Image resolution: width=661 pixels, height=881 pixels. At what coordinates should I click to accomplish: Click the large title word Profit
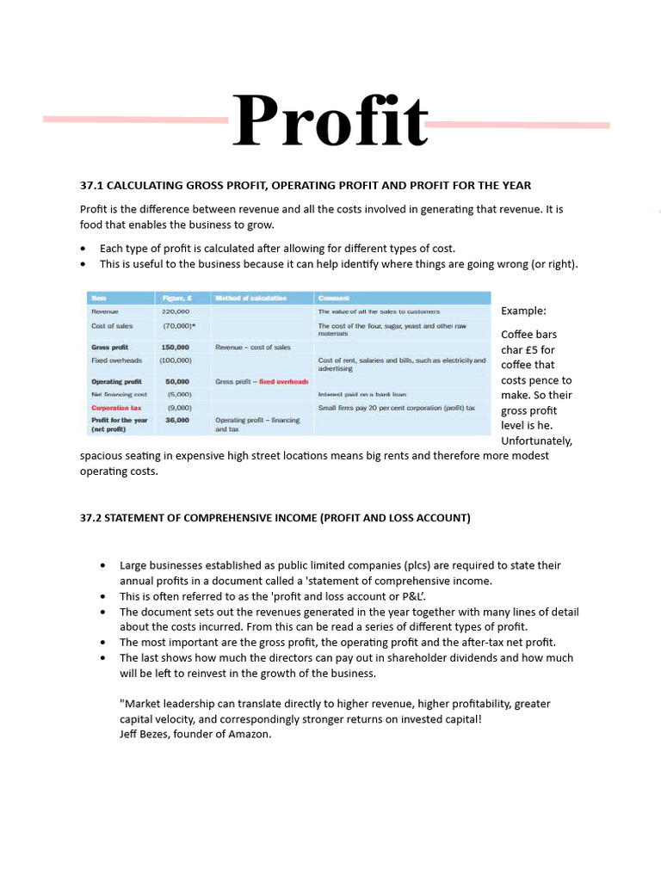tap(330, 121)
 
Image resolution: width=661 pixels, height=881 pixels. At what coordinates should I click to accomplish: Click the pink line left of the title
tap(135, 120)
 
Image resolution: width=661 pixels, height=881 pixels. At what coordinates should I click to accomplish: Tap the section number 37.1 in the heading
tap(91, 185)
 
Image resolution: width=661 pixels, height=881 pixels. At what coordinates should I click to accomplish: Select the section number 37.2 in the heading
tap(91, 517)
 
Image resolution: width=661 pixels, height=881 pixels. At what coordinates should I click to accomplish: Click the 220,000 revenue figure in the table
tap(176, 311)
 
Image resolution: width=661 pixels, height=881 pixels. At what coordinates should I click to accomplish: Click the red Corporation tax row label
tap(116, 408)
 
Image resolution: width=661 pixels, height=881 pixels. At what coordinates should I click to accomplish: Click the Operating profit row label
tap(116, 381)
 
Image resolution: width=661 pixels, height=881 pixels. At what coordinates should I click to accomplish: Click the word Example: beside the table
tap(523, 311)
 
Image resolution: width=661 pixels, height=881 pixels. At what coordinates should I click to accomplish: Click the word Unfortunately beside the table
tap(536, 440)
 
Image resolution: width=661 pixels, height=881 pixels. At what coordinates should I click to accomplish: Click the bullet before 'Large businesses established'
tap(103, 566)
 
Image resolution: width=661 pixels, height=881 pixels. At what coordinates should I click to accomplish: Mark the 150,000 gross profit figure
tap(176, 347)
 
